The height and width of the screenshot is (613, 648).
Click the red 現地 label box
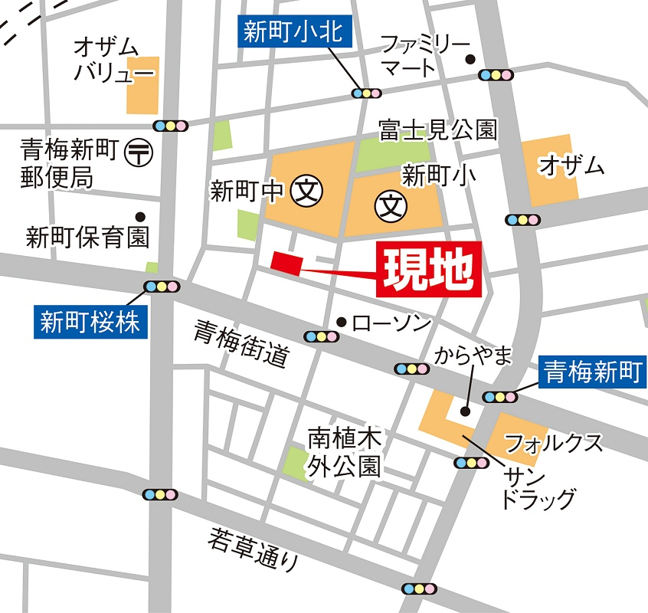click(x=429, y=269)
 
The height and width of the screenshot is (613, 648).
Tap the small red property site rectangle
click(x=287, y=262)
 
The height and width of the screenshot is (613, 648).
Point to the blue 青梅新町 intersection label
click(x=592, y=372)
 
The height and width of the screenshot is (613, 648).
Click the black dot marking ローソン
click(x=342, y=321)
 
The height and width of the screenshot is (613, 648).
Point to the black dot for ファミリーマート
click(x=470, y=58)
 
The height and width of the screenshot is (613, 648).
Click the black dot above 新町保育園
click(x=140, y=216)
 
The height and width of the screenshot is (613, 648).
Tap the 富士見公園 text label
click(x=437, y=130)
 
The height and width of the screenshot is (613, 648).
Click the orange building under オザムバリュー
click(x=142, y=84)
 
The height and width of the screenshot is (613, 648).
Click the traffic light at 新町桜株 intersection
click(x=162, y=287)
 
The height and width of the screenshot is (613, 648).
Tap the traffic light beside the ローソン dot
click(x=320, y=336)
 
